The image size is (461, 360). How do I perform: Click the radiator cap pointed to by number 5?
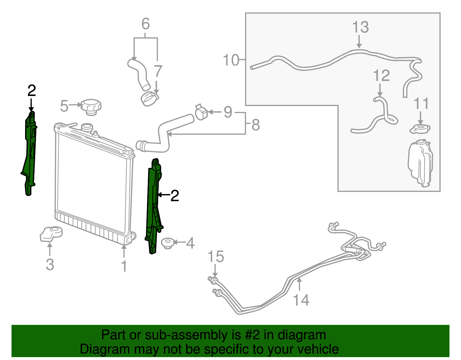point(91,107)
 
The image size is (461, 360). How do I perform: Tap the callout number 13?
point(360,27)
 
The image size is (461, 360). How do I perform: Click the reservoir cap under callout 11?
point(420,129)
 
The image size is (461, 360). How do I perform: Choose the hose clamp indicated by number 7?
point(150,99)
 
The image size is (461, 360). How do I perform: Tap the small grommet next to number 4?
point(168,243)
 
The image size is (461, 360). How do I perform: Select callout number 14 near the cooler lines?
point(301,300)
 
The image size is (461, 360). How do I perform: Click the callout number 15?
point(216,257)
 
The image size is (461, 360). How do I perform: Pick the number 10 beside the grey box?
point(231,60)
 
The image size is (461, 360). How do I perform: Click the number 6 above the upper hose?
point(146,24)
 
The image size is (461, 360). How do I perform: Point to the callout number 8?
point(256,125)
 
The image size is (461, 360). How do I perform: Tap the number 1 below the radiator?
point(124,266)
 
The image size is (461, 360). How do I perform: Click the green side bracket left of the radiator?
point(29,153)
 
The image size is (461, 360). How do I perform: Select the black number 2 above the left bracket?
point(32,91)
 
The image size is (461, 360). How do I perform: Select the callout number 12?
point(381,75)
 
